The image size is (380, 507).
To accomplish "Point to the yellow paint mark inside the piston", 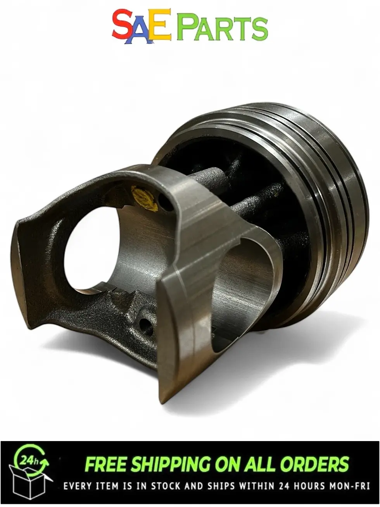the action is pyautogui.click(x=144, y=199).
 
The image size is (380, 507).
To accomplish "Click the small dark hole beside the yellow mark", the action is pyautogui.click(x=166, y=202).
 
